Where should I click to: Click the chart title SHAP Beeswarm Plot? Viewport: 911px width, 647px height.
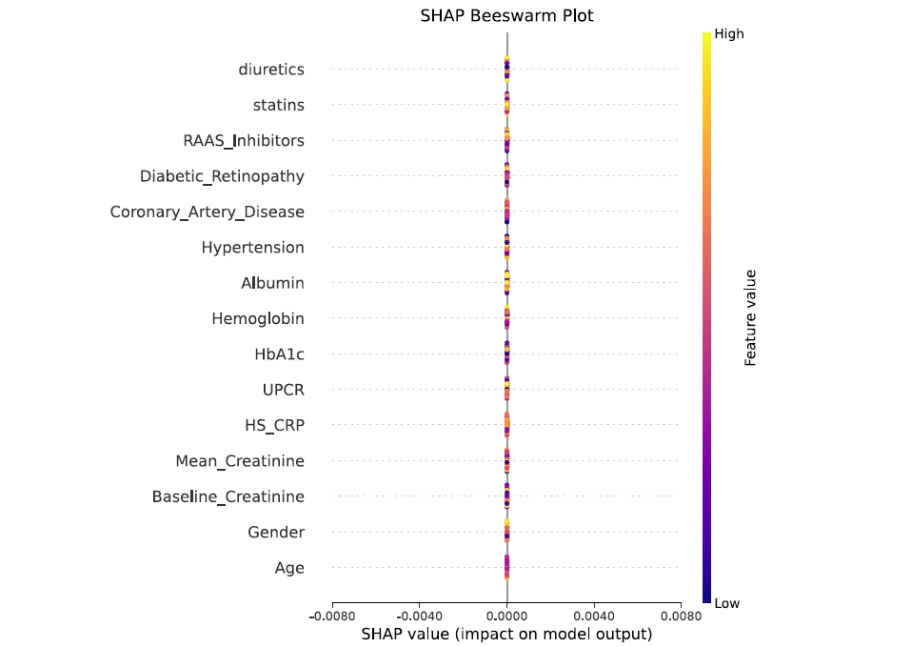506,16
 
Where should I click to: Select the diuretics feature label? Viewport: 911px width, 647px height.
271,70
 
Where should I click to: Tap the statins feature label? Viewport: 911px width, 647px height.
279,105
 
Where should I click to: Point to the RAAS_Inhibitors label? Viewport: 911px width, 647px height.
244,141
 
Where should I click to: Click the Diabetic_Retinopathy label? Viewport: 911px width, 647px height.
222,176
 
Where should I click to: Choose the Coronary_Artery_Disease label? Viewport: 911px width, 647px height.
207,212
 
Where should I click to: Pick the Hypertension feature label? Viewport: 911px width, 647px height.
252,248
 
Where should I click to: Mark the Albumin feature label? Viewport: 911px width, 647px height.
272,283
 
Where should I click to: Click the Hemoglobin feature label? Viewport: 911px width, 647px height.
258,318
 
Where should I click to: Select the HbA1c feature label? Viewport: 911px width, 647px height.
279,354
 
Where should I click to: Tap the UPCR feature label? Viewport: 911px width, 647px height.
283,390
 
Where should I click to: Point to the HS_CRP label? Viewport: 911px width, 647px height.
275,425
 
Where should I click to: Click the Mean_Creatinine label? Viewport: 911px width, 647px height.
240,461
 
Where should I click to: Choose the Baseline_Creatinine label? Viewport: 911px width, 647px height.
228,496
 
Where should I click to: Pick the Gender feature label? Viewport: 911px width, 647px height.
276,532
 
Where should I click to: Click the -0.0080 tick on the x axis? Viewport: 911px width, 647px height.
332,617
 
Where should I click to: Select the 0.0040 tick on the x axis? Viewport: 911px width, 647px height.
594,617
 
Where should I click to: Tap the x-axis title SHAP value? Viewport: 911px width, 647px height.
506,634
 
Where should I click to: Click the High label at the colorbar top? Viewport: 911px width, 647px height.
729,34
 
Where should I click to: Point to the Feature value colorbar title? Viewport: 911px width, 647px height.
750,317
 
